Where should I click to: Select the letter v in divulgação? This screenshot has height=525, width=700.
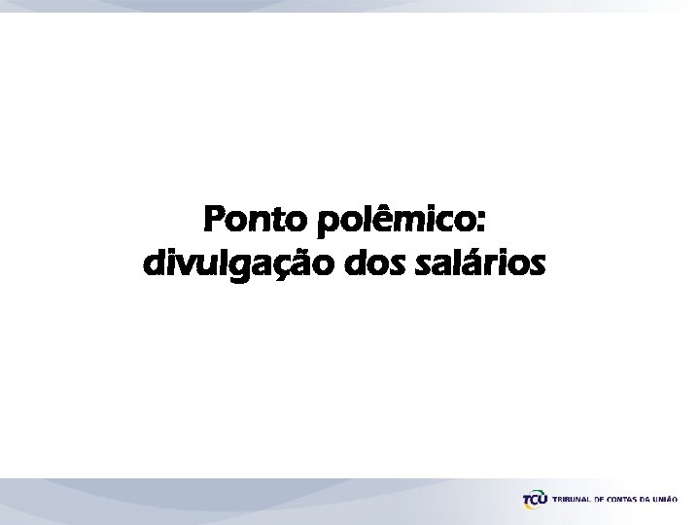coord(182,264)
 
